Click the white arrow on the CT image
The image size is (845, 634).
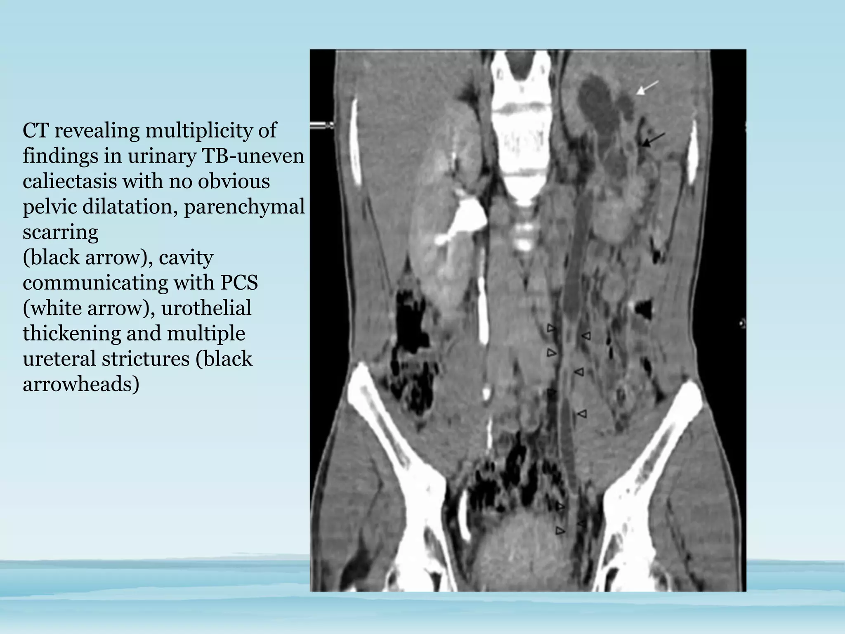click(x=646, y=88)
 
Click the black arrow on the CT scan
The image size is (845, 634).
click(x=653, y=140)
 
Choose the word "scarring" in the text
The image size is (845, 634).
click(x=60, y=232)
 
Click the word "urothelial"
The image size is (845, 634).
click(x=206, y=308)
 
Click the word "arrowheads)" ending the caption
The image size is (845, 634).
click(x=81, y=384)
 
